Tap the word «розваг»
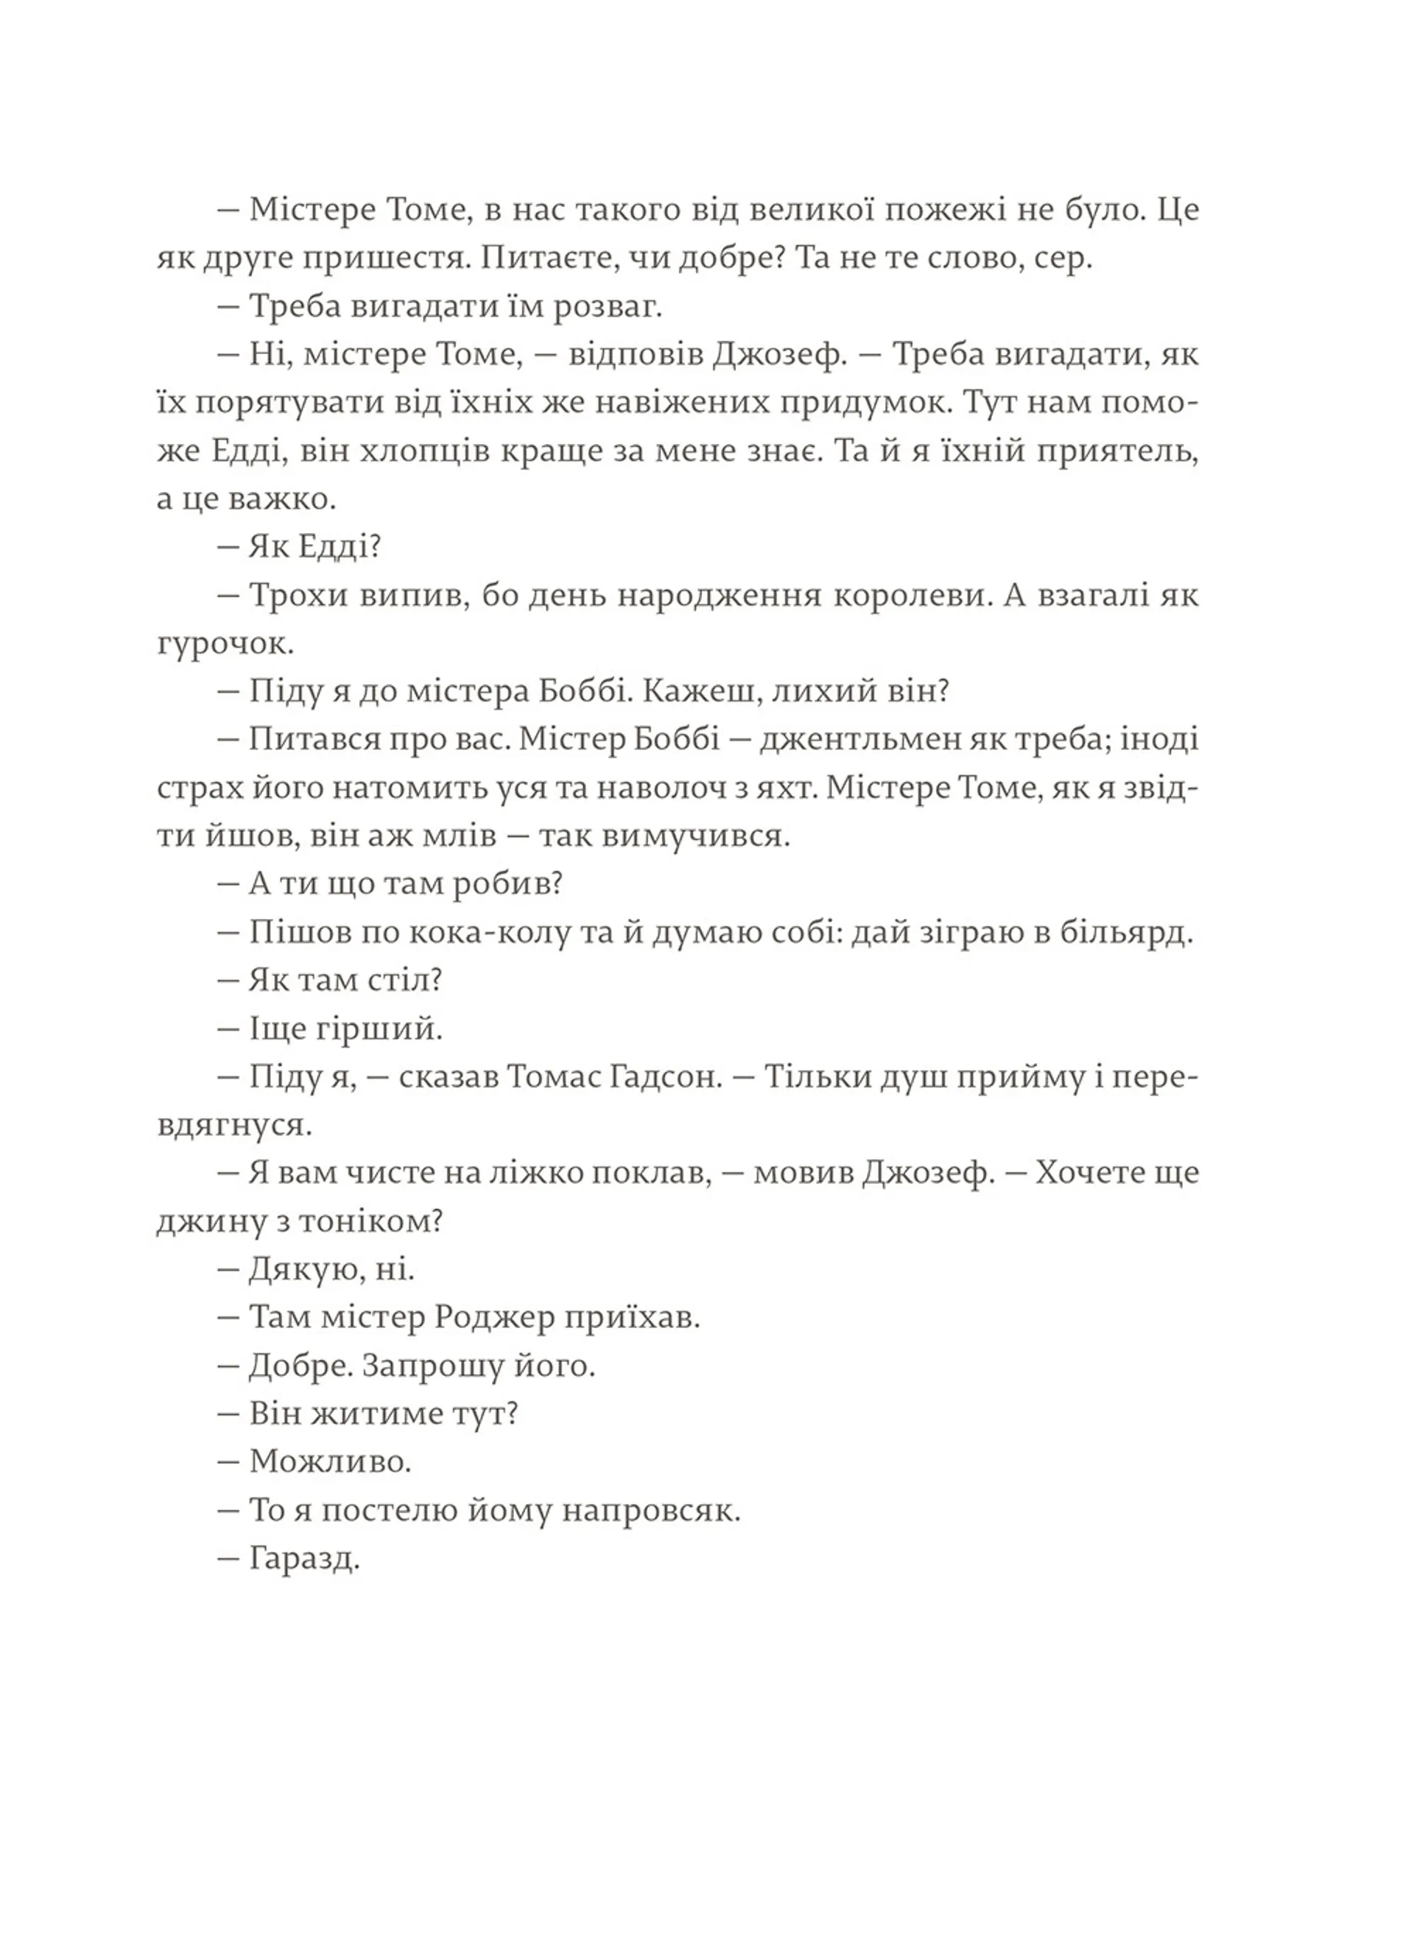pos(607,307)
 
